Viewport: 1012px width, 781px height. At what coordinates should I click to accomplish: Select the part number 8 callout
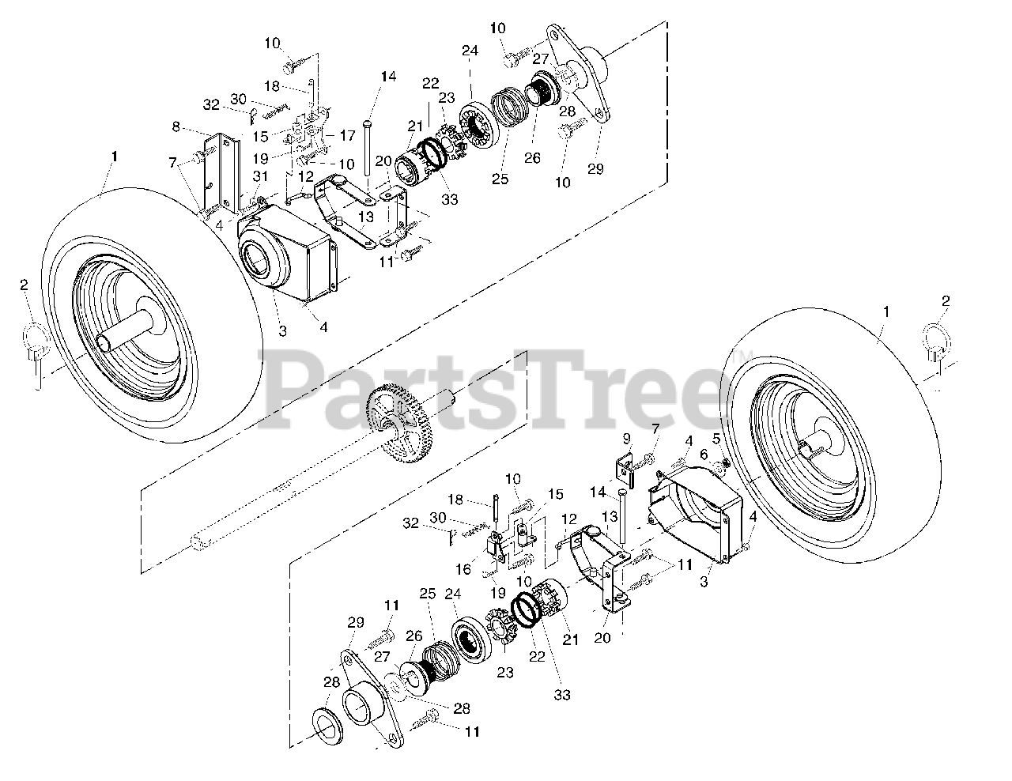coord(176,126)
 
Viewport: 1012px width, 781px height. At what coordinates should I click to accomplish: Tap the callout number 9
coord(627,437)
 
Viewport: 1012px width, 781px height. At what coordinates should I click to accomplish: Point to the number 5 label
coord(716,437)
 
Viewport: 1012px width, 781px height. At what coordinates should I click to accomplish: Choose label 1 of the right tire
coord(885,312)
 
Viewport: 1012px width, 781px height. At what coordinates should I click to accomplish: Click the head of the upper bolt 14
coord(367,124)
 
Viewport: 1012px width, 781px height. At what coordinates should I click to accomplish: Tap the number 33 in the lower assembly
coord(562,696)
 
